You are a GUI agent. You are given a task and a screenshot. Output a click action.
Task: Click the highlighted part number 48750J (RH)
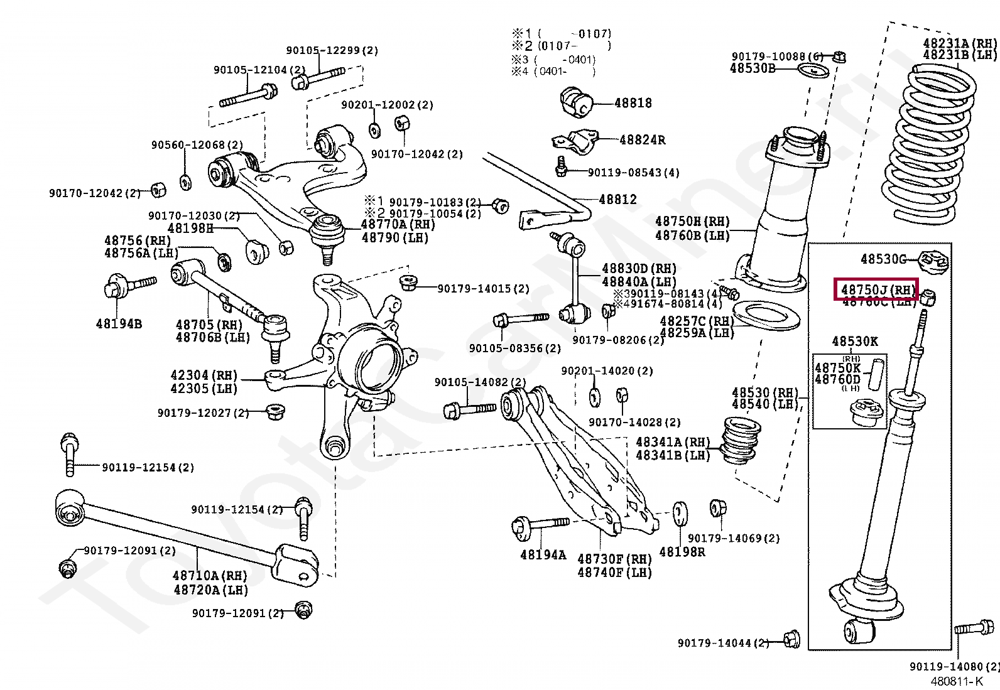click(876, 290)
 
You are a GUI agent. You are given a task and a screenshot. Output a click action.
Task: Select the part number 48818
click(633, 103)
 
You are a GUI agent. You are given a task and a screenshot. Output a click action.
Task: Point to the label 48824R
click(642, 140)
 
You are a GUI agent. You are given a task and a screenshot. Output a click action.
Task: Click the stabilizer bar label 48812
click(617, 200)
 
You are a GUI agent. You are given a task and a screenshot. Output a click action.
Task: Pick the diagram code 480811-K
click(956, 681)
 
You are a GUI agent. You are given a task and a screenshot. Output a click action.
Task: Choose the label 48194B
click(119, 324)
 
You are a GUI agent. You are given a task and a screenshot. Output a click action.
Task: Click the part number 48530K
click(855, 342)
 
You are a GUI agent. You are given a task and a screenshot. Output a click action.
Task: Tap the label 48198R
click(682, 553)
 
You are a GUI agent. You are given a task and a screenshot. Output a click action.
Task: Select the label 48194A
click(543, 555)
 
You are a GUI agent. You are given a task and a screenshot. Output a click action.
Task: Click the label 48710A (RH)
click(210, 576)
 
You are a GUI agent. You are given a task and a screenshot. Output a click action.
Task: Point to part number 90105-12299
click(332, 50)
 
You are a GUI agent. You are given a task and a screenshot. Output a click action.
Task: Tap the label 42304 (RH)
click(204, 375)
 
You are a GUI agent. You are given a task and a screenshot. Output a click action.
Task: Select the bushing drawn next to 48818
click(576, 102)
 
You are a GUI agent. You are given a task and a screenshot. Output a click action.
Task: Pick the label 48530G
click(883, 259)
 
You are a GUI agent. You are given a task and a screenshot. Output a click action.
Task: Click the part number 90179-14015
click(483, 289)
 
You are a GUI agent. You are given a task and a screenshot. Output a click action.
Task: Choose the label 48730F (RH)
click(614, 559)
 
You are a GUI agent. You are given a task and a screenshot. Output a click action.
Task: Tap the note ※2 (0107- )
click(561, 46)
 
